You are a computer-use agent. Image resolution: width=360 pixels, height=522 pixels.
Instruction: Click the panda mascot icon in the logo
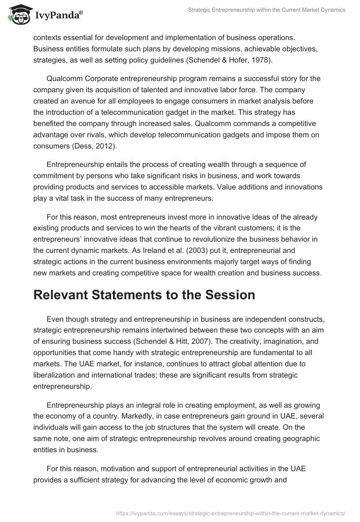17,14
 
